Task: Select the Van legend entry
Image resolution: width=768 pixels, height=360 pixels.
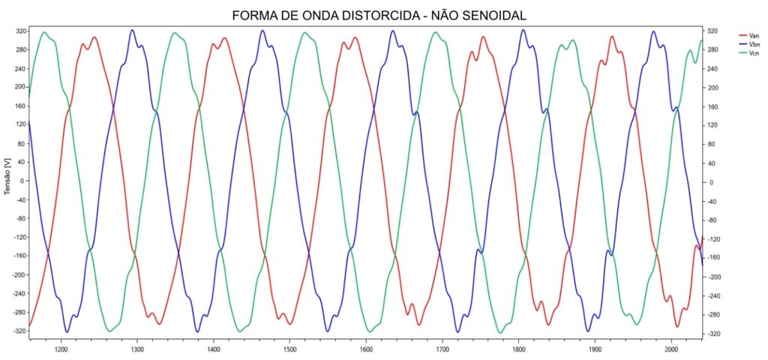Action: click(754, 35)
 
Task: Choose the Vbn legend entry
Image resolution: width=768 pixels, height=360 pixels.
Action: click(754, 44)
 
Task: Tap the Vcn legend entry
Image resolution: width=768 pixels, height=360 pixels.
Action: click(754, 53)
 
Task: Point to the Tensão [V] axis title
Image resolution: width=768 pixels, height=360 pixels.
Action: click(7, 181)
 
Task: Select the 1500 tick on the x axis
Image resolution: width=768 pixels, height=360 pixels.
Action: click(289, 349)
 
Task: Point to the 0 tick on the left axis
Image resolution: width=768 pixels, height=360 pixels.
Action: click(24, 181)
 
